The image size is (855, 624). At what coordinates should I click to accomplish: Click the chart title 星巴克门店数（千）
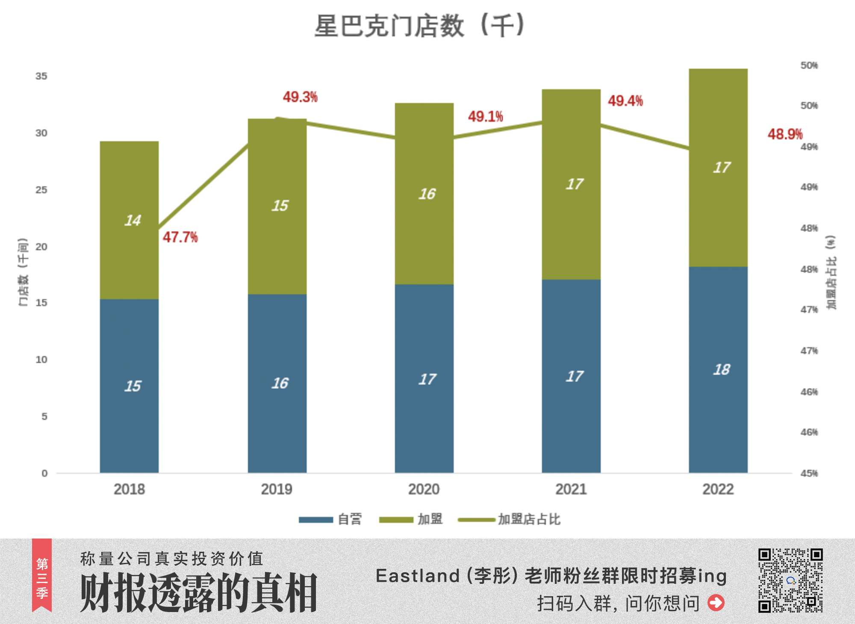(x=419, y=26)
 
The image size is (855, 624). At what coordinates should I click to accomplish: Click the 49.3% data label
(x=300, y=97)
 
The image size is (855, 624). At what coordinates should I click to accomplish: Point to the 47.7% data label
(x=180, y=237)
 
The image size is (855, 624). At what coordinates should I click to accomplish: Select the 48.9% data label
(x=785, y=134)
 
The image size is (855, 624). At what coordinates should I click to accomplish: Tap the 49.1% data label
(x=485, y=116)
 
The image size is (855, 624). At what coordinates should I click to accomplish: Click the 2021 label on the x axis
(x=571, y=489)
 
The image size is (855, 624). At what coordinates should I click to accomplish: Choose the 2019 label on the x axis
(x=277, y=489)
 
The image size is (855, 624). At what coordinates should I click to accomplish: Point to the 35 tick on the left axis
(x=41, y=76)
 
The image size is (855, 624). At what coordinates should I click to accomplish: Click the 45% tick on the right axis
(x=809, y=473)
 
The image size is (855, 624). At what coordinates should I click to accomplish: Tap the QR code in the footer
(x=790, y=580)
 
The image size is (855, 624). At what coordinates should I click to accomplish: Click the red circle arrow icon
(x=716, y=603)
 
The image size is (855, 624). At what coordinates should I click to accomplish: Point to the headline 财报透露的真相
(x=199, y=593)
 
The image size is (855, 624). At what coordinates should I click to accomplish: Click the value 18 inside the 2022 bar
(x=722, y=369)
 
